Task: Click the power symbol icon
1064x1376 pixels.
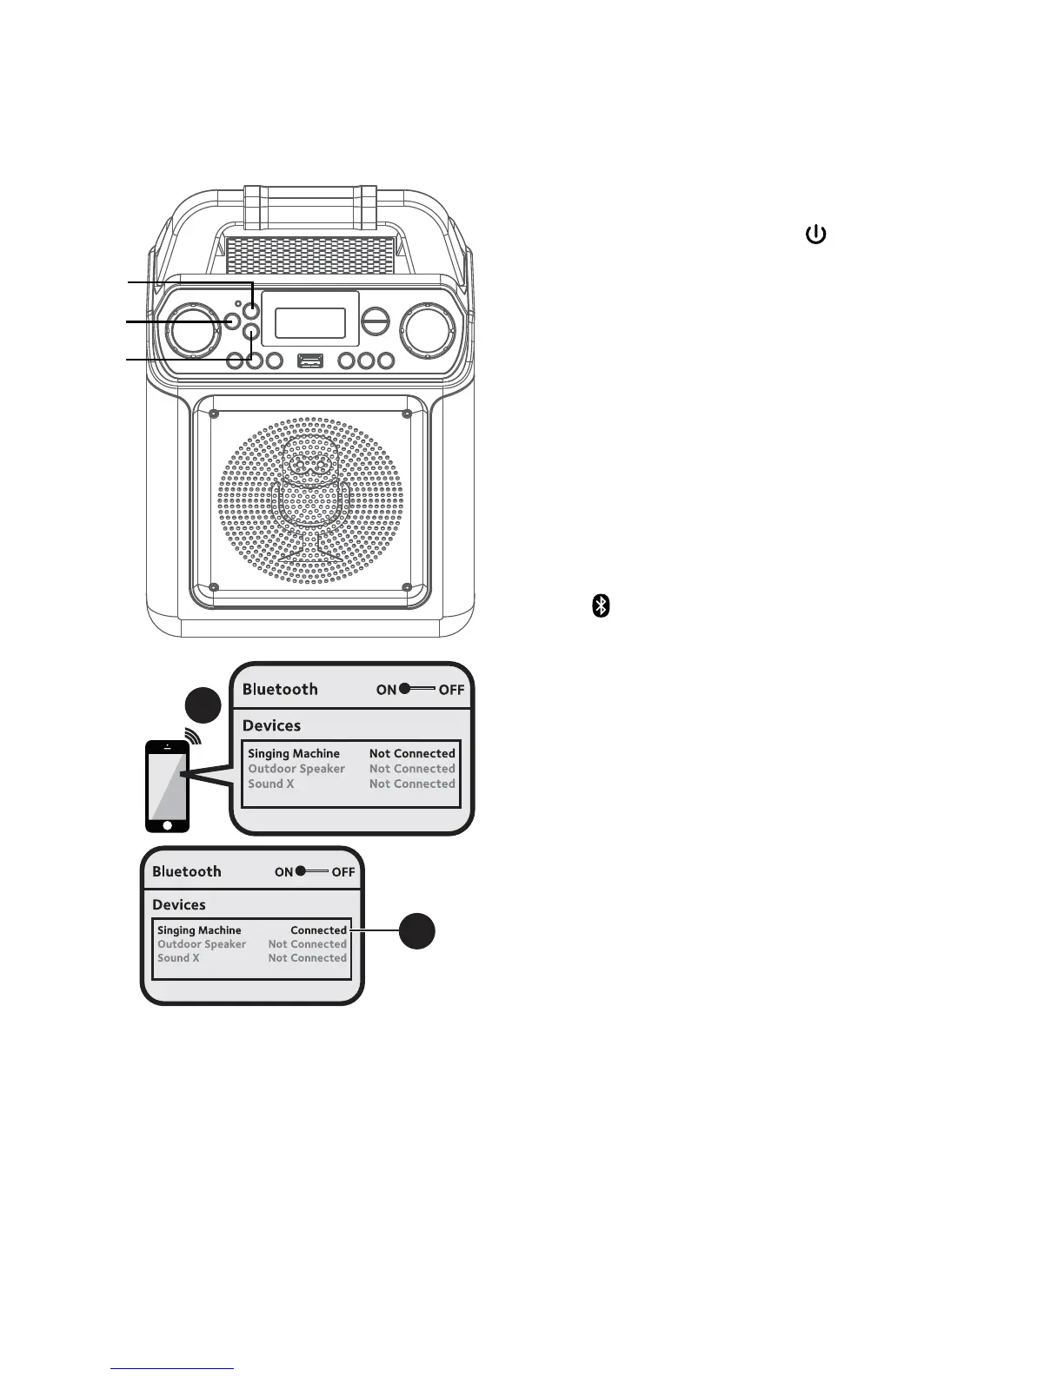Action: (815, 234)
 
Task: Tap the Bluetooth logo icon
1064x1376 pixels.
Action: (601, 605)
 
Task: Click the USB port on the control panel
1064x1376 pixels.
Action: (310, 360)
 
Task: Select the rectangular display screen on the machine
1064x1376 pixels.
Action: (310, 323)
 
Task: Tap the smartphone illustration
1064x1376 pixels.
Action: (167, 786)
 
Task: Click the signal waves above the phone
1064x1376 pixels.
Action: (192, 735)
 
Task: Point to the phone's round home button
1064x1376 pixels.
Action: (167, 824)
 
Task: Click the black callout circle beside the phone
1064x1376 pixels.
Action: (204, 705)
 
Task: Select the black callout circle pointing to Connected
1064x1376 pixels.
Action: (417, 930)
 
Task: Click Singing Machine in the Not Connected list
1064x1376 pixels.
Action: (294, 753)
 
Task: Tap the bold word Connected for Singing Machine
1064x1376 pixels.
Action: (318, 929)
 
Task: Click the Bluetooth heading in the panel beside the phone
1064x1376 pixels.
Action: (280, 689)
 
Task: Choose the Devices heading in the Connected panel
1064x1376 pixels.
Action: (179, 904)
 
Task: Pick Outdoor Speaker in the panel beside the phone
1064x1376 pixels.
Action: (296, 769)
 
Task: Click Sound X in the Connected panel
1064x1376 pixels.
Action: (178, 957)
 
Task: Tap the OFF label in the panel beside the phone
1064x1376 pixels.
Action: (451, 690)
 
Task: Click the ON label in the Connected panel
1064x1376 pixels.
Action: (283, 872)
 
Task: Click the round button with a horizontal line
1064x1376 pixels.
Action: (376, 321)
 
